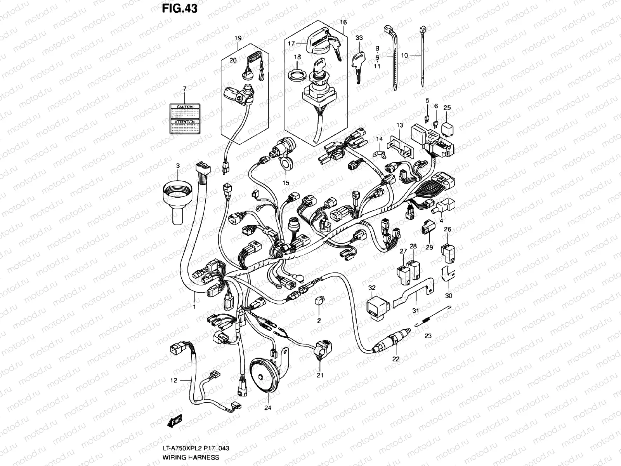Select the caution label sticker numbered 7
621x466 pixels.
(185, 119)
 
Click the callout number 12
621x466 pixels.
(173, 381)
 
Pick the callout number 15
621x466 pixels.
(286, 183)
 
